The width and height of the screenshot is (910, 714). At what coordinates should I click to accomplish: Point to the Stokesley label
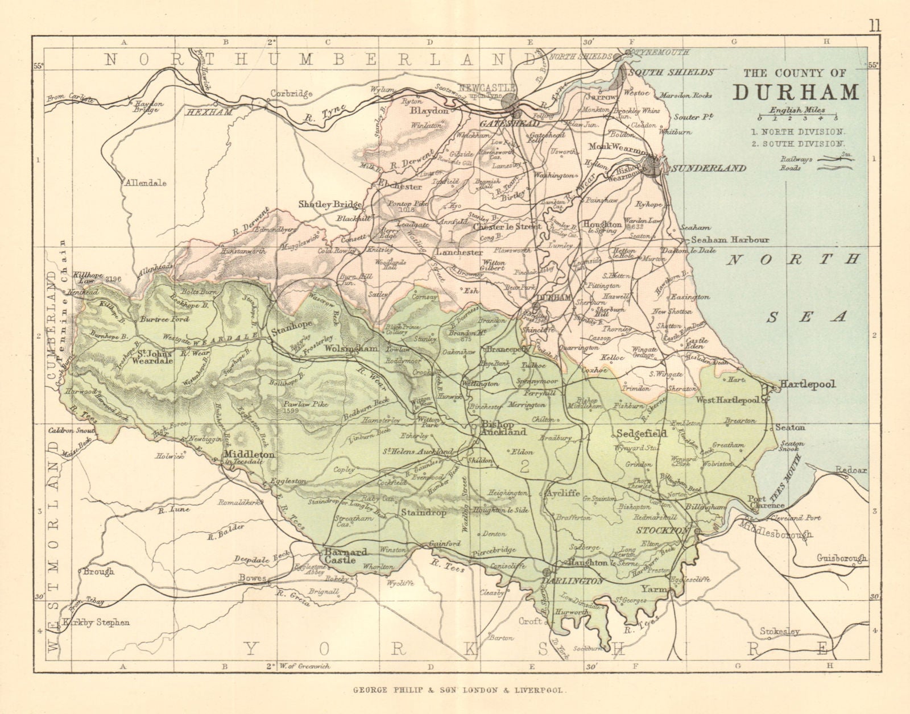780,632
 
